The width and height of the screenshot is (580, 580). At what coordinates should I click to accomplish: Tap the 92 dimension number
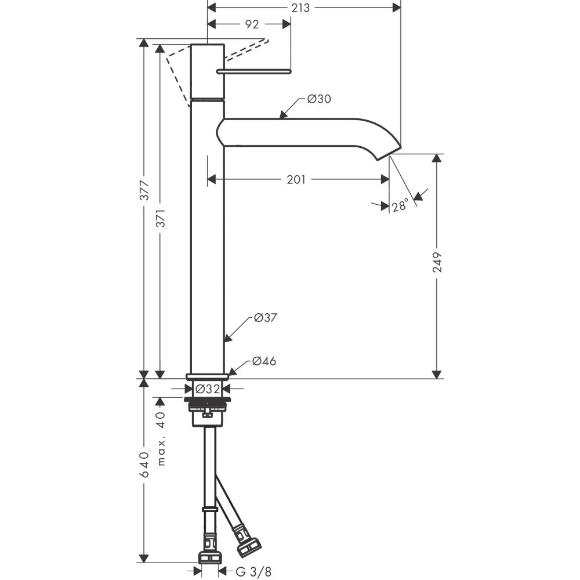click(x=252, y=24)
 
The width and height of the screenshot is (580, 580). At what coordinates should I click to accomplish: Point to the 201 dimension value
click(x=296, y=180)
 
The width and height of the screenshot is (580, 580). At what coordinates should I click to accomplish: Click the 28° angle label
click(x=400, y=205)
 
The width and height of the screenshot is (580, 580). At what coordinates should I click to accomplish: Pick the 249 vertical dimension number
click(x=437, y=262)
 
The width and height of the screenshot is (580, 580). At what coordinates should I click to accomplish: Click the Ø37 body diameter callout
click(x=266, y=318)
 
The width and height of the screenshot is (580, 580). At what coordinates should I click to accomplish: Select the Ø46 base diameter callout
click(x=264, y=361)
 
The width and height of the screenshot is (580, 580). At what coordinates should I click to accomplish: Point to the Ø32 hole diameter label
click(x=207, y=389)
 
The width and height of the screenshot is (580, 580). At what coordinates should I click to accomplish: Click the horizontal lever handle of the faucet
click(x=253, y=71)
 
